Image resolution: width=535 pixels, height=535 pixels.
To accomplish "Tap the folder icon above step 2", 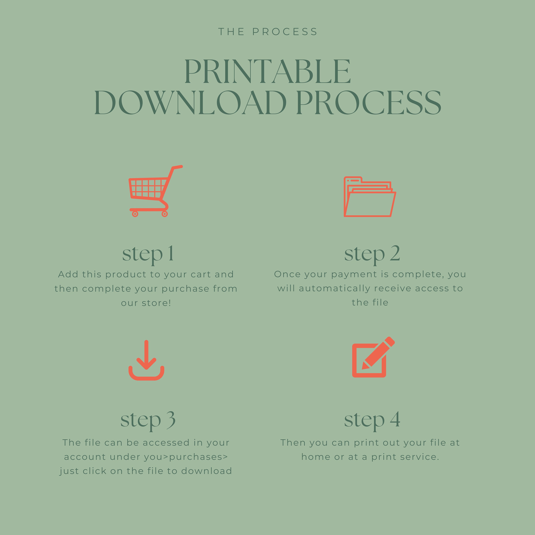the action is pyautogui.click(x=370, y=197).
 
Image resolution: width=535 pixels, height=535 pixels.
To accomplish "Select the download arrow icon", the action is pyautogui.click(x=146, y=360).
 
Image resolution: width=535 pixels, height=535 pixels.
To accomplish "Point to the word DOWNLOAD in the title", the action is pyautogui.click(x=190, y=103).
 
